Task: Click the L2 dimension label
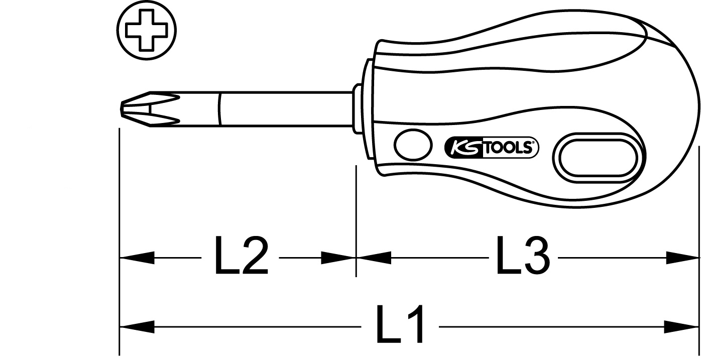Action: pos(241,256)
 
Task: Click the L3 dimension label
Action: pos(523,256)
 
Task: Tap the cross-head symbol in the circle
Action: pos(147,30)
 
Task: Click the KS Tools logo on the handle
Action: pos(491,147)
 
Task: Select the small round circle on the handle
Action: pos(413,145)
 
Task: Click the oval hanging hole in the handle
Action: pos(599,158)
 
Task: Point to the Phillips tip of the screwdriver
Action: pos(150,109)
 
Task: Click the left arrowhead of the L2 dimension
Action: pos(137,258)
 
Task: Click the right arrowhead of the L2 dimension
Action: pos(338,258)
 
